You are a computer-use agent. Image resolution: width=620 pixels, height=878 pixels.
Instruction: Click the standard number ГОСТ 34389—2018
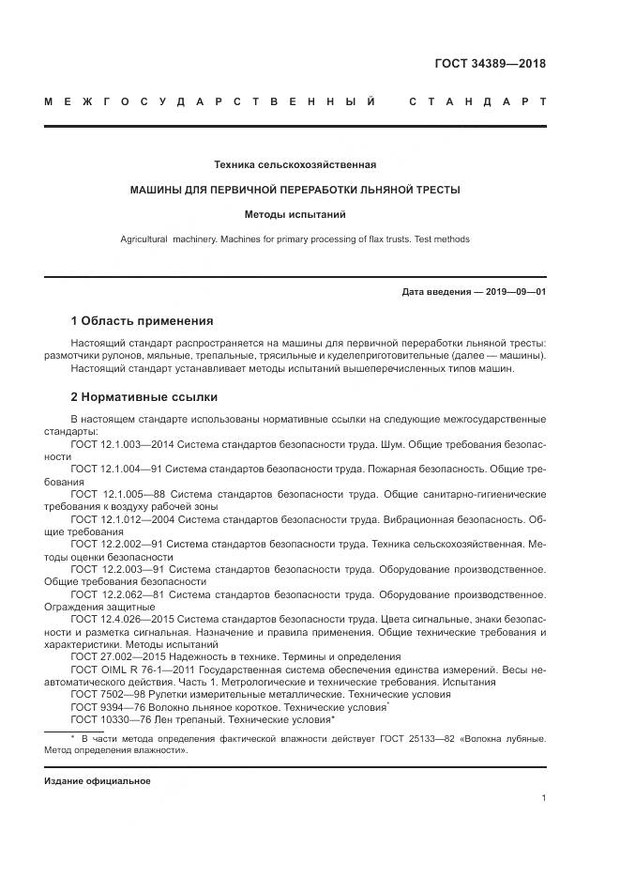click(x=490, y=64)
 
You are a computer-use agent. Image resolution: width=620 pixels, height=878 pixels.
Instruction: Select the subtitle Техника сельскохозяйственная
click(x=295, y=164)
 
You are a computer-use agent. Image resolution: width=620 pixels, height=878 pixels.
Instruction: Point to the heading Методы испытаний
click(x=295, y=214)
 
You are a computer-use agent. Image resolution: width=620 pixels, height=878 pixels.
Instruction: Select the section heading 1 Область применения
click(x=142, y=320)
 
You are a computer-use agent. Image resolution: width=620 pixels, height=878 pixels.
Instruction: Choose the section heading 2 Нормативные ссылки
click(x=144, y=396)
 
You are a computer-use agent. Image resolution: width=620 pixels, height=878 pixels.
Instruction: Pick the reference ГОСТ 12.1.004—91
click(x=116, y=468)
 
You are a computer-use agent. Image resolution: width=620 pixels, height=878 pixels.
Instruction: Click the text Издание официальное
click(x=98, y=781)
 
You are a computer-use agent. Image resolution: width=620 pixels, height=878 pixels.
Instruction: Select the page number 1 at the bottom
click(x=544, y=797)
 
